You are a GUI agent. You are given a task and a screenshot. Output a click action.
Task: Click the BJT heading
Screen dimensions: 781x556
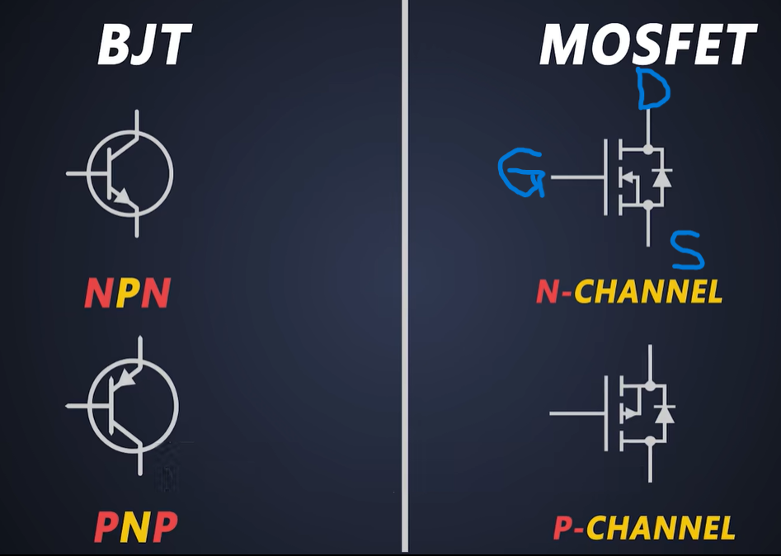point(144,45)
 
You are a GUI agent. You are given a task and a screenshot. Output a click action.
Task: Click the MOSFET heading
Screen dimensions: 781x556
point(647,45)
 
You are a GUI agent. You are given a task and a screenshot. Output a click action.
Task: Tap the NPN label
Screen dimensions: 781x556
point(127,293)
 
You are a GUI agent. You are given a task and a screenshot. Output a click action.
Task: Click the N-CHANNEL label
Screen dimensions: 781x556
point(629,291)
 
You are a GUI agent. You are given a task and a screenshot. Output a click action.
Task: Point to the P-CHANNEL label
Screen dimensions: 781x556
point(644,528)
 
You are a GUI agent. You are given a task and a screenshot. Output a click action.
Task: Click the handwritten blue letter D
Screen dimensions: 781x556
point(652,90)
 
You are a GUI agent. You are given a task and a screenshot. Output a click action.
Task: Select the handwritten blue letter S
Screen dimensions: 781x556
point(687,251)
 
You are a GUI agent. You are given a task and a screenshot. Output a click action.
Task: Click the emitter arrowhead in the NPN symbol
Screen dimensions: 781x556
point(123,197)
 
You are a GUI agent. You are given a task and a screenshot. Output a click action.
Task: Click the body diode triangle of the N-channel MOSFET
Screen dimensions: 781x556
point(661,177)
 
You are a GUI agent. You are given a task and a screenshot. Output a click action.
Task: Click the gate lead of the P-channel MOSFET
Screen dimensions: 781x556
point(577,413)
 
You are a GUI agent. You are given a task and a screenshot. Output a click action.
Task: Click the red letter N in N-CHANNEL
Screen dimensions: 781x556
point(548,291)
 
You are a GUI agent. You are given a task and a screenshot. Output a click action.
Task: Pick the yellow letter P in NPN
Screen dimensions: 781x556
point(127,293)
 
